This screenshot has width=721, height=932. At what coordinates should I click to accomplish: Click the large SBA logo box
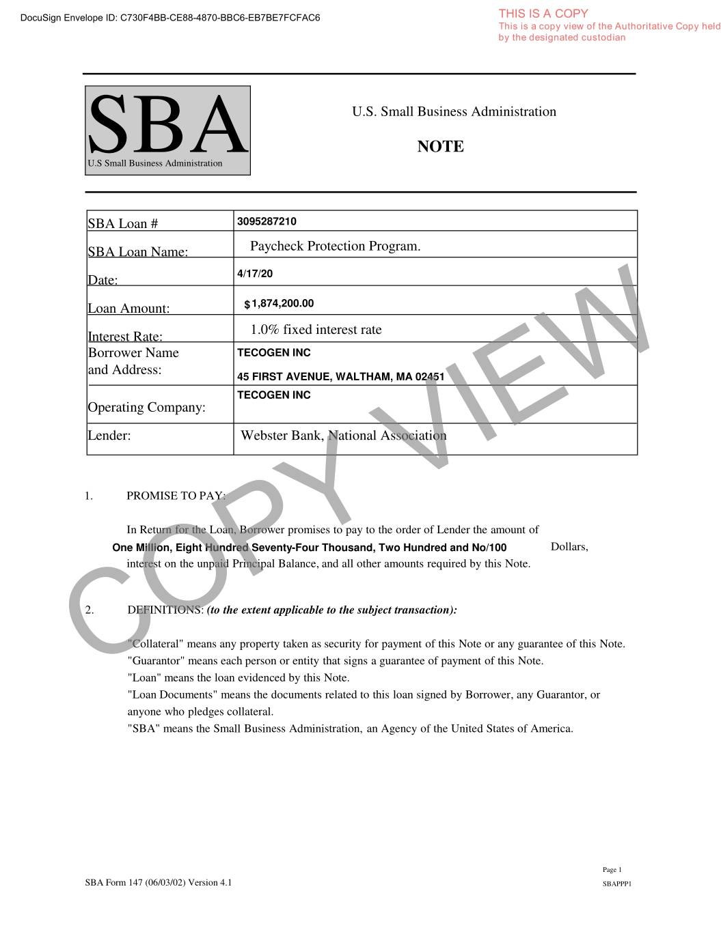click(167, 130)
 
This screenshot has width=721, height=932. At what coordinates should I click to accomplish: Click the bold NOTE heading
click(440, 147)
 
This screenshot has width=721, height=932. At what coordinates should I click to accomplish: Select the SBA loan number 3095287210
click(267, 221)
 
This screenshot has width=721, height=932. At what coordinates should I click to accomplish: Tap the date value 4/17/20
click(254, 274)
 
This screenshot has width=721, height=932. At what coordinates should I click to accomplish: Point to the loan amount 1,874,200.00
click(282, 304)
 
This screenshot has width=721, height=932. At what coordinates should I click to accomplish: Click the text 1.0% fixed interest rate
click(316, 330)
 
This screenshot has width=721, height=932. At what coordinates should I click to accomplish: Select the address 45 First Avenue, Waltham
click(340, 376)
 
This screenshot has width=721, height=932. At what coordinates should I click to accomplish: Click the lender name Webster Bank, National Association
click(343, 436)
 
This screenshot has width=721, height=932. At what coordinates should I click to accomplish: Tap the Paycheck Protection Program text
click(335, 246)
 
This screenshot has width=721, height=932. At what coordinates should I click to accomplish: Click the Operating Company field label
click(146, 408)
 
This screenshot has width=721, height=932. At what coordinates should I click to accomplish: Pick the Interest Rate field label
click(125, 337)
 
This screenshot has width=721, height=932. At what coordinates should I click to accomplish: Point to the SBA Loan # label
click(123, 224)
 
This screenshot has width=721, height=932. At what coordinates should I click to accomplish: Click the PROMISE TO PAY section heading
click(176, 496)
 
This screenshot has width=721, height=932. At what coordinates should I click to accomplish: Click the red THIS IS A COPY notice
click(543, 13)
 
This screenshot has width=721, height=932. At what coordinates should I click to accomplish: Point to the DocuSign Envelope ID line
click(170, 18)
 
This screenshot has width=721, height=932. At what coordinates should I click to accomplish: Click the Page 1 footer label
click(612, 870)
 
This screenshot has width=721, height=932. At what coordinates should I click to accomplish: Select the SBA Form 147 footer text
click(159, 882)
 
